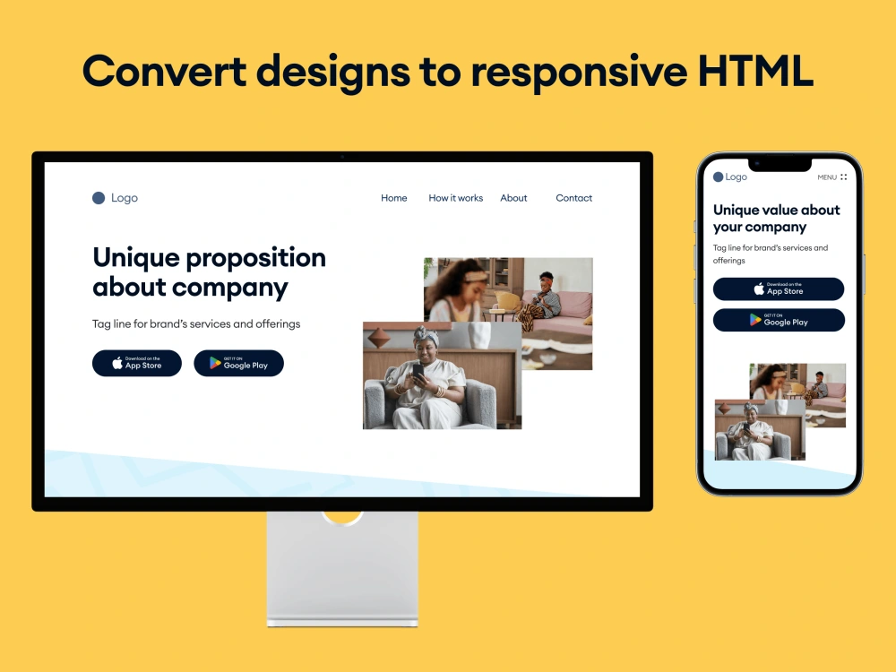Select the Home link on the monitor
(394, 198)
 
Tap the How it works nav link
(455, 198)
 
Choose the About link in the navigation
(513, 198)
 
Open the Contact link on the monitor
(573, 198)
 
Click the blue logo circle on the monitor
(99, 198)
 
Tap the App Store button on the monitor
(137, 363)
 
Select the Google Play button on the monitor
(238, 363)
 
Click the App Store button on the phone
(779, 289)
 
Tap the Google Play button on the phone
(779, 320)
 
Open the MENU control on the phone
(831, 177)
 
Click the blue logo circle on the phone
(718, 177)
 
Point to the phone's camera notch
(780, 164)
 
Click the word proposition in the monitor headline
(255, 258)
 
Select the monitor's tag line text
(196, 323)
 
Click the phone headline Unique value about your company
(776, 218)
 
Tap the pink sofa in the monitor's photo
(573, 309)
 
